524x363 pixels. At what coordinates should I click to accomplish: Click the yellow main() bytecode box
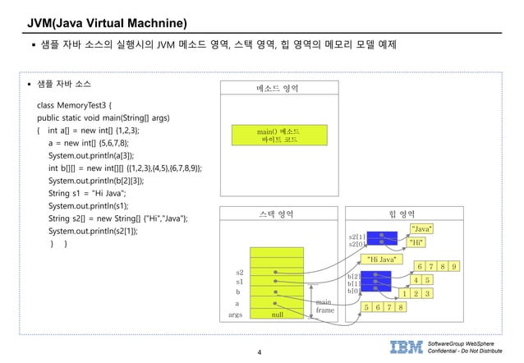(x=277, y=136)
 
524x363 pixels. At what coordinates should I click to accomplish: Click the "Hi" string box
(x=416, y=242)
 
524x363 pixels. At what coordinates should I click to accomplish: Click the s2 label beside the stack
(x=240, y=271)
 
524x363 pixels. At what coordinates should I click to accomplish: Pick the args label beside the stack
(x=236, y=315)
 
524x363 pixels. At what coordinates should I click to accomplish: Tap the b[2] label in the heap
(x=354, y=276)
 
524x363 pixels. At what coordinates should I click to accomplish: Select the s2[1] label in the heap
(x=356, y=236)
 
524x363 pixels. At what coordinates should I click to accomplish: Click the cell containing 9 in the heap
(x=455, y=265)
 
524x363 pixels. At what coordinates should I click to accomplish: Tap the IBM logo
(x=407, y=346)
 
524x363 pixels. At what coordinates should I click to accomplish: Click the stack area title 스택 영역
(x=275, y=215)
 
